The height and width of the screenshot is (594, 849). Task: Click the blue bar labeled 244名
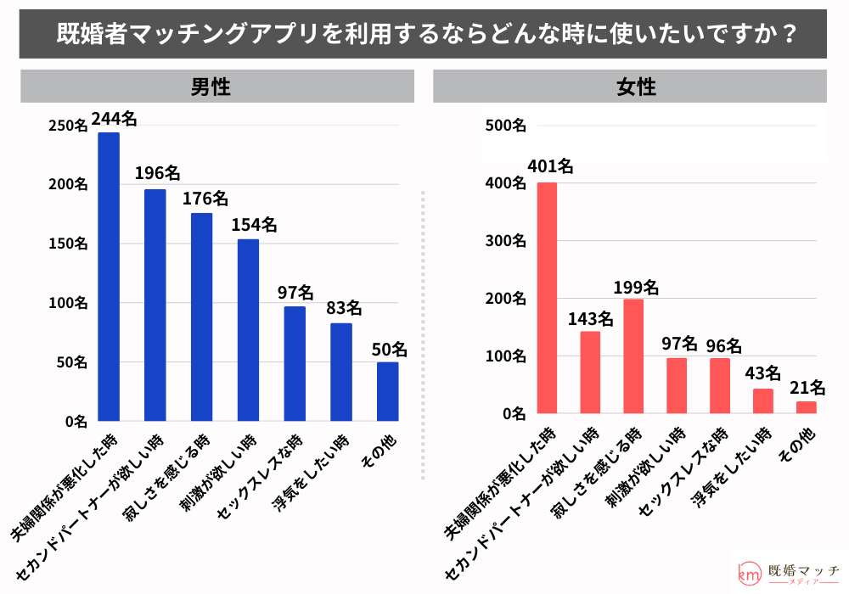pyautogui.click(x=109, y=277)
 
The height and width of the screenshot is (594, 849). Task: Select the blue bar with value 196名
pyautogui.click(x=155, y=305)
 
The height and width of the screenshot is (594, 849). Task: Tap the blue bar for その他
pyautogui.click(x=387, y=392)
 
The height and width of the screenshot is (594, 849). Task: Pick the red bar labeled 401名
pyautogui.click(x=547, y=299)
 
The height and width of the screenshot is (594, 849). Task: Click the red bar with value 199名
pyautogui.click(x=633, y=356)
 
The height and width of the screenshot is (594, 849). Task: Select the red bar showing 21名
pyautogui.click(x=806, y=408)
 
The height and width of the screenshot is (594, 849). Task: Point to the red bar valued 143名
pyautogui.click(x=590, y=373)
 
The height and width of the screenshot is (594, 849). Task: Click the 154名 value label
pyautogui.click(x=254, y=225)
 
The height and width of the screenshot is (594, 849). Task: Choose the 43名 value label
pyautogui.click(x=762, y=373)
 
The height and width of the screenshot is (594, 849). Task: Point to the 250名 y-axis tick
pyautogui.click(x=68, y=126)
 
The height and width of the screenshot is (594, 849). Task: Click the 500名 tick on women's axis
pyautogui.click(x=505, y=126)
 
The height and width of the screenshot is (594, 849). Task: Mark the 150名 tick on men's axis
pyautogui.click(x=68, y=244)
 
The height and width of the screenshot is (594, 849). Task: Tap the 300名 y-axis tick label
pyautogui.click(x=505, y=241)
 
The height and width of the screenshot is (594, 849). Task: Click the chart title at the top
pyautogui.click(x=424, y=34)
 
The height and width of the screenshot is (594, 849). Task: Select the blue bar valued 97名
pyautogui.click(x=295, y=364)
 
